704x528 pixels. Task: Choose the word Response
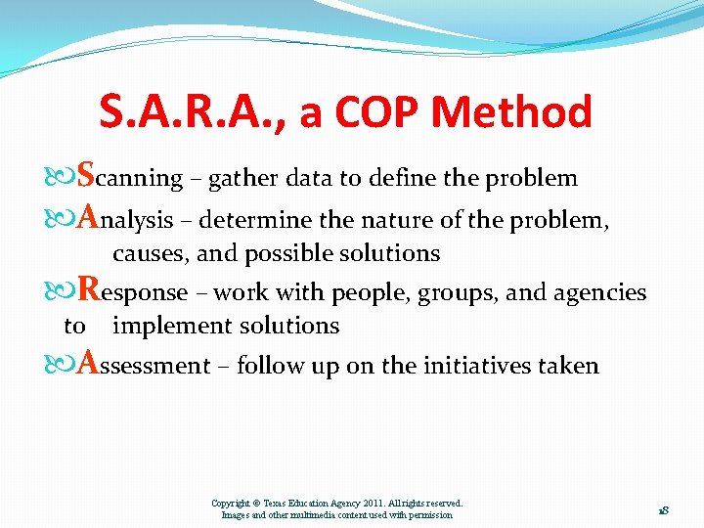pyautogui.click(x=132, y=291)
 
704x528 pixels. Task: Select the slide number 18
pyautogui.click(x=662, y=509)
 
